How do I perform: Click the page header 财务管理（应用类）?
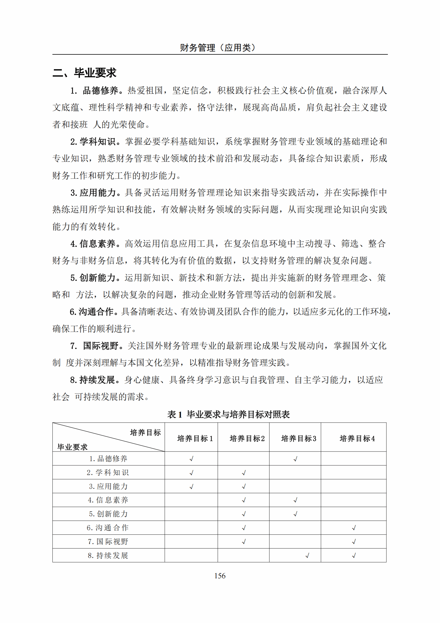[218, 48]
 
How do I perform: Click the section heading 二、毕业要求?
[84, 73]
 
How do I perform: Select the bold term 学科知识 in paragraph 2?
[98, 142]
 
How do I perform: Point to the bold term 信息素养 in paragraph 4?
[98, 244]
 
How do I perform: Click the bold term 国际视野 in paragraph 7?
[101, 346]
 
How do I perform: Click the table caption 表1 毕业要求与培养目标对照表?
[228, 414]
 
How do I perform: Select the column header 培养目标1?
[195, 438]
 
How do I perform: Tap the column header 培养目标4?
[357, 438]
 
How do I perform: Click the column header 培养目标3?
[299, 438]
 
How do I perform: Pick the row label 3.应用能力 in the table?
[108, 486]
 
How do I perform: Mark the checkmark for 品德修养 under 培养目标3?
[295, 459]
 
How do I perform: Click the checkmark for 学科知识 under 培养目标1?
[191, 473]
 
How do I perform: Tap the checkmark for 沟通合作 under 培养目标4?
[354, 528]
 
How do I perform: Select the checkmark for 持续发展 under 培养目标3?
[307, 556]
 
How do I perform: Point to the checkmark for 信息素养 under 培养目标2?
[244, 500]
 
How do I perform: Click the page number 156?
[220, 576]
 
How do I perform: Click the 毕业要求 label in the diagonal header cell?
[72, 447]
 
